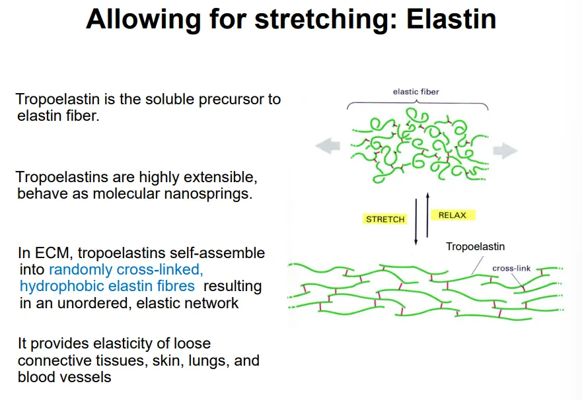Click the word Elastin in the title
tap(451, 20)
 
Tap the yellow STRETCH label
tap(385, 219)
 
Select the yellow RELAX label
tap(453, 215)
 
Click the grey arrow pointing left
tap(327, 147)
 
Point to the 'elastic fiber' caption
tap(416, 92)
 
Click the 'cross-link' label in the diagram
tap(511, 269)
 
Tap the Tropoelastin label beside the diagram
tap(475, 247)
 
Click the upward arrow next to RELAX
tap(427, 215)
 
